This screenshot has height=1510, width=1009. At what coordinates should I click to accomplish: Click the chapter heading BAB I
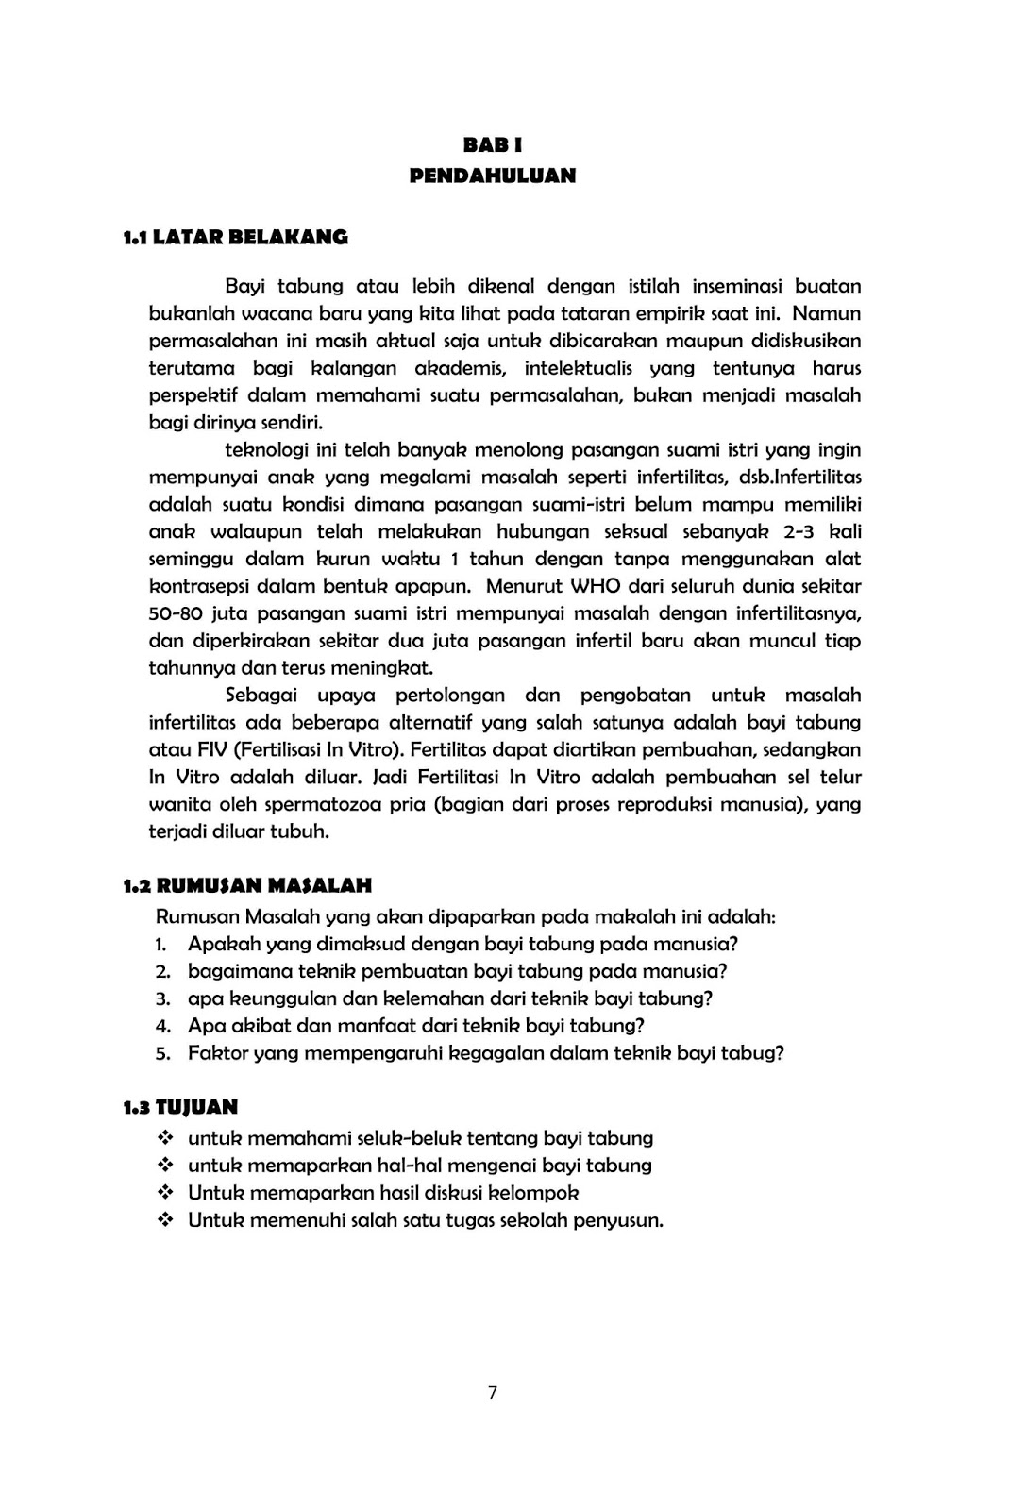(492, 145)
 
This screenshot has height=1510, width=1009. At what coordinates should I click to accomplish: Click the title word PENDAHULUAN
(492, 176)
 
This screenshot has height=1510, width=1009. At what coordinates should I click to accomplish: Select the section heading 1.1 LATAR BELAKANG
(235, 238)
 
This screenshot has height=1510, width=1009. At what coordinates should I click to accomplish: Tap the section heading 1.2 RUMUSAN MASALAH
(247, 886)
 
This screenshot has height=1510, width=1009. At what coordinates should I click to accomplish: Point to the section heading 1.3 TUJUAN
(179, 1107)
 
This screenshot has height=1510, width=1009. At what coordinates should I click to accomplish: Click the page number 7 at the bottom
(493, 1392)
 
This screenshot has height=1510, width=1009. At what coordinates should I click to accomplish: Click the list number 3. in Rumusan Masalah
(162, 998)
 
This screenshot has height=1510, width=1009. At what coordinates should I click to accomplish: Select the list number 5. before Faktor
(162, 1053)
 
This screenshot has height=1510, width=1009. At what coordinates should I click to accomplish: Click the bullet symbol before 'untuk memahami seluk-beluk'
(165, 1139)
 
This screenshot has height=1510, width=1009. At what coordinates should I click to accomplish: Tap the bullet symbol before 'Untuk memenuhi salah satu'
(165, 1220)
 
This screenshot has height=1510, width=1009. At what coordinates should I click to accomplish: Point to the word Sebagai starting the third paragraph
(261, 696)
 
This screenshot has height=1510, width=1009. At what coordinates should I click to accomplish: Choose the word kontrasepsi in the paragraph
(201, 586)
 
